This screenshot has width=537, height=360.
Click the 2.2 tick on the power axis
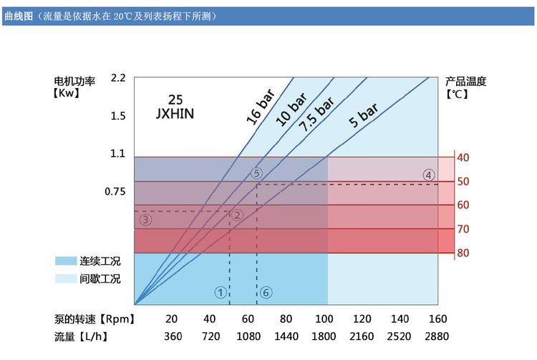tap(118, 78)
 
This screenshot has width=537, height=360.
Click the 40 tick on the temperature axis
tap(463, 157)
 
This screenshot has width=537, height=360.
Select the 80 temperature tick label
tap(463, 253)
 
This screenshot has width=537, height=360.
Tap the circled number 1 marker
tap(221, 292)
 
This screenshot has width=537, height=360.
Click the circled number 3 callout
tap(146, 220)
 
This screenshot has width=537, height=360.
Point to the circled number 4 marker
tap(428, 175)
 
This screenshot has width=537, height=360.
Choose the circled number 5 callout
tap(257, 173)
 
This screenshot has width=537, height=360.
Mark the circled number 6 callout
tap(266, 292)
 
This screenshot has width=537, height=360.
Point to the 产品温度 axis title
tap(466, 81)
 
